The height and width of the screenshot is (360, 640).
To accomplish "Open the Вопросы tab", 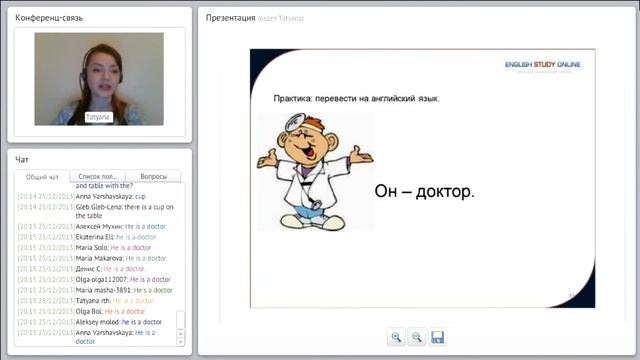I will click(153, 177).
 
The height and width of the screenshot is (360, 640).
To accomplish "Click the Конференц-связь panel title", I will click(51, 18).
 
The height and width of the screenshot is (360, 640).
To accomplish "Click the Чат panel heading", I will click(22, 159).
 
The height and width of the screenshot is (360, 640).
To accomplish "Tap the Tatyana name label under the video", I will click(97, 117).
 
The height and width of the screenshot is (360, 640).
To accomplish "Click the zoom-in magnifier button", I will click(396, 337).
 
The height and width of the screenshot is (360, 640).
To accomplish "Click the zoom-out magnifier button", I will click(417, 337).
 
